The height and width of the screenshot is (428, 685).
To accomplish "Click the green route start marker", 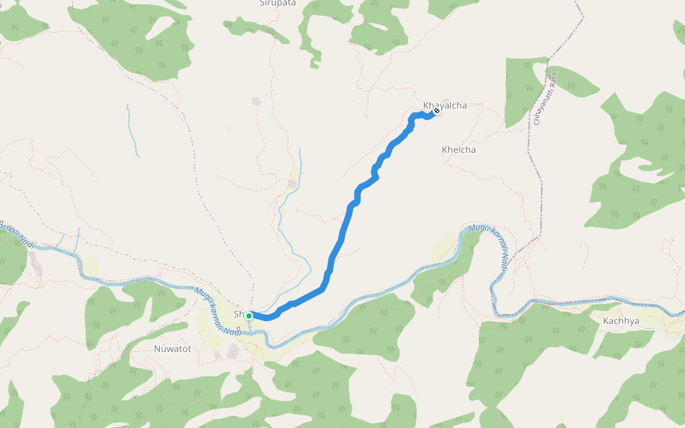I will click(249, 316).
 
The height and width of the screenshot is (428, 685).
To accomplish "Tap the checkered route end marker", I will click(437, 111).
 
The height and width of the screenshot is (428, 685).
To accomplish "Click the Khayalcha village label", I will click(445, 106).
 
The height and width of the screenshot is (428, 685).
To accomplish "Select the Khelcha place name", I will click(459, 150).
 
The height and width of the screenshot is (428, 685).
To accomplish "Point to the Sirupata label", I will click(278, 3).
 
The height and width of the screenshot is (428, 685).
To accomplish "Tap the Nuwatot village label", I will click(173, 349).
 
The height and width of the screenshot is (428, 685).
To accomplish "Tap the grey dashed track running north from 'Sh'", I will click(249, 285).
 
